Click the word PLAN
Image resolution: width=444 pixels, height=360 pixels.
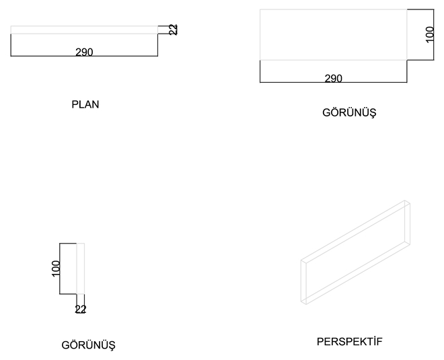click(85, 104)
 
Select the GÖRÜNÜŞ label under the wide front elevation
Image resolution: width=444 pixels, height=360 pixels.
click(349, 112)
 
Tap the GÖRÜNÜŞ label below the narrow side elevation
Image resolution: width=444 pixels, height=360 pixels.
click(89, 345)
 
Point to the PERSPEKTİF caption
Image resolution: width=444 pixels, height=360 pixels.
click(349, 342)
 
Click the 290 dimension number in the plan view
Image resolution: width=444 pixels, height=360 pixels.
click(84, 52)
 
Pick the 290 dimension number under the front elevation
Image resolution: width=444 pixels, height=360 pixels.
click(333, 78)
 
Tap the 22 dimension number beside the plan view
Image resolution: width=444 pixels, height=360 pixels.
click(174, 29)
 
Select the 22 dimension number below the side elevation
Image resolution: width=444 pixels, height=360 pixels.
click(81, 310)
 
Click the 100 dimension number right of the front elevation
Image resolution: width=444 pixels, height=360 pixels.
click(431, 34)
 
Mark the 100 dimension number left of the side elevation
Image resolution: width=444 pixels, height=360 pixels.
click(57, 267)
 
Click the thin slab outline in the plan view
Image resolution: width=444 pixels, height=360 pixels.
click(84, 29)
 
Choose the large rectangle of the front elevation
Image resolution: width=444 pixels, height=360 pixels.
click(333, 35)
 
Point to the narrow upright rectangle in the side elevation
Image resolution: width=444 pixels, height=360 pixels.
click(81, 268)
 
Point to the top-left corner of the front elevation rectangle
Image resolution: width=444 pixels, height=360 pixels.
click(260, 9)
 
